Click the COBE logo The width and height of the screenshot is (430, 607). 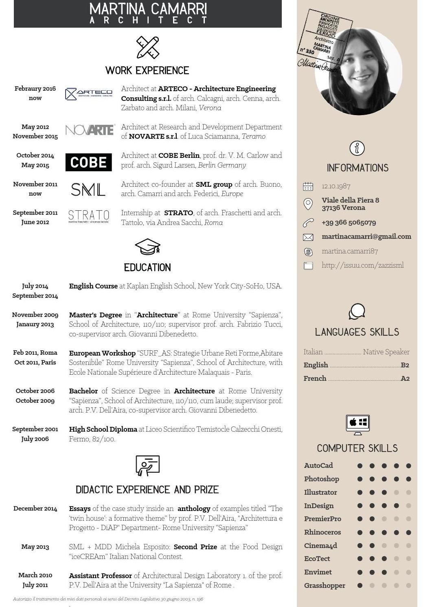pos(88,162)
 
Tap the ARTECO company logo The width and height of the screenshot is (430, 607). pos(88,94)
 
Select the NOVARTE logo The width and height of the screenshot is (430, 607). pos(90,130)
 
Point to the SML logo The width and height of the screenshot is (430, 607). pos(88,189)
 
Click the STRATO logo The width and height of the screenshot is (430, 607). pos(88,216)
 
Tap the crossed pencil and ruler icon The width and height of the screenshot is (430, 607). pos(147,47)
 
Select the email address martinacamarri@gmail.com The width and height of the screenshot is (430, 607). pos(366,236)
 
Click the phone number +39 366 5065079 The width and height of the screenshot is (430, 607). pos(349,223)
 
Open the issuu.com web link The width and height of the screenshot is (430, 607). pos(362,265)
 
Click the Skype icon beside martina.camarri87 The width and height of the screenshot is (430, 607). pos(308,252)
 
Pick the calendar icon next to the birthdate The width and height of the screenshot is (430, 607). pos(308,186)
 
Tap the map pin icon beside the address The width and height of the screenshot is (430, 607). pos(308,204)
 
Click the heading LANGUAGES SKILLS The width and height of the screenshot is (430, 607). pos(357,332)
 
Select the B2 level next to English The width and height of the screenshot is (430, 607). pos(405,365)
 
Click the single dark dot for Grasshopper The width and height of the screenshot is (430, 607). pos(360,585)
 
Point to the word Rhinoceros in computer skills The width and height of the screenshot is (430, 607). pos(322,532)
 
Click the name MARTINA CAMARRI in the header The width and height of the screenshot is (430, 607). pos(148,9)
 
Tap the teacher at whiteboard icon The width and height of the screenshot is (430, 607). pos(147,465)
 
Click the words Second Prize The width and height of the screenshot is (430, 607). pos(195,547)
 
